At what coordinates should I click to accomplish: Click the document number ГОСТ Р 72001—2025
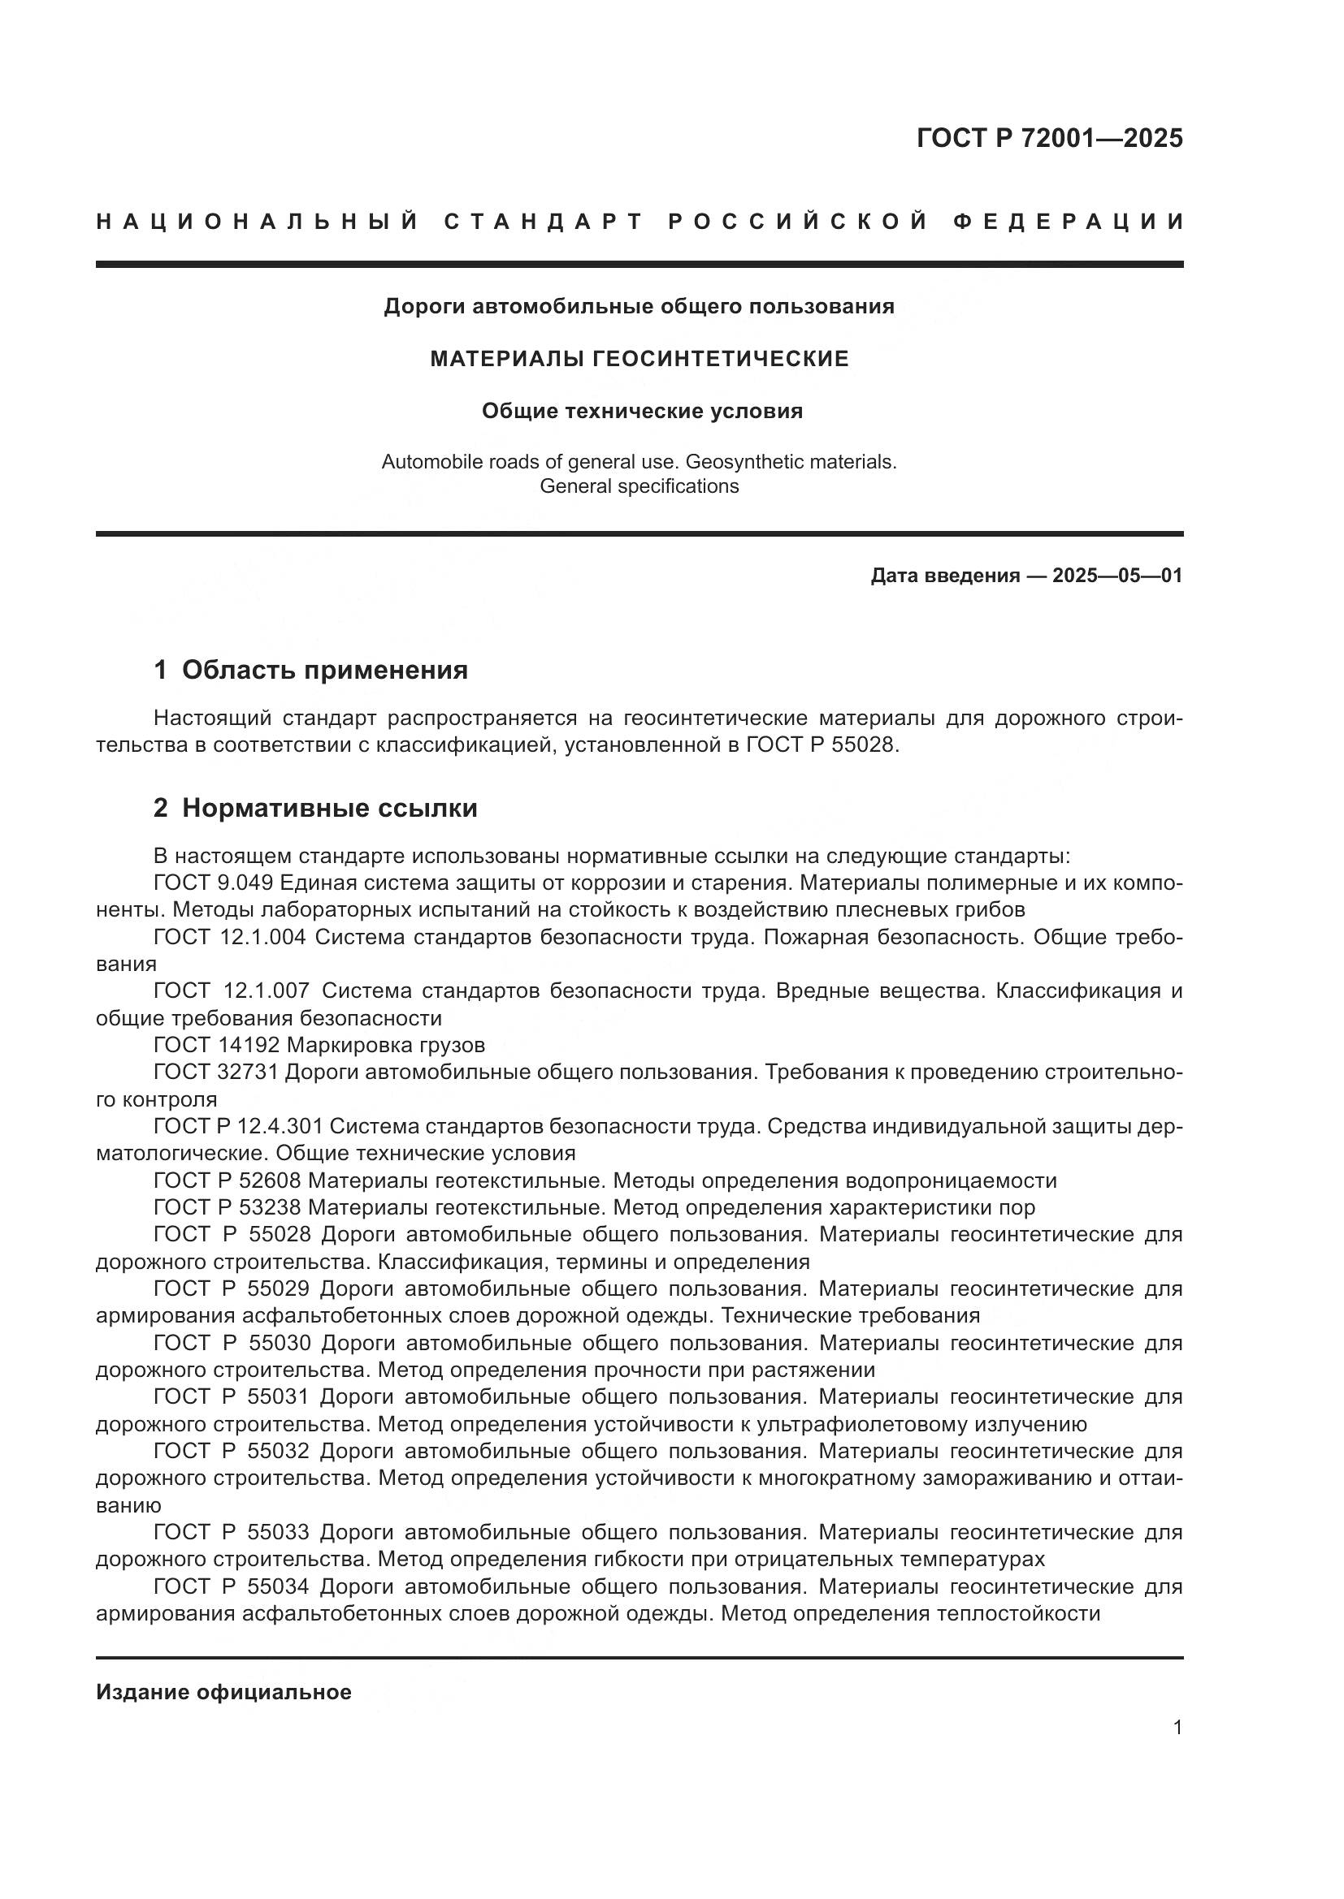click(x=1049, y=138)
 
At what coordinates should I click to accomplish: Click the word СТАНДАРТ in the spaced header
click(x=544, y=222)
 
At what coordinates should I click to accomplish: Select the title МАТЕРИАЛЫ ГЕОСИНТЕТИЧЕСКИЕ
click(x=639, y=359)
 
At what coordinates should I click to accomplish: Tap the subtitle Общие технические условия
click(x=642, y=411)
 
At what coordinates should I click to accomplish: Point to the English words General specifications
click(x=639, y=486)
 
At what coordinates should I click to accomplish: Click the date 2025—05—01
click(x=1117, y=576)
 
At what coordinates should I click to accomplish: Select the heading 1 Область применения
click(x=311, y=670)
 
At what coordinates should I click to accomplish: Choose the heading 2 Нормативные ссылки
click(x=315, y=808)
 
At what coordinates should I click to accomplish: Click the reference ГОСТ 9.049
click(x=214, y=883)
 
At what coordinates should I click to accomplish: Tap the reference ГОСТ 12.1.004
click(x=230, y=937)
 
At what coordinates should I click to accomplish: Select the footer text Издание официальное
click(x=223, y=1692)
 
